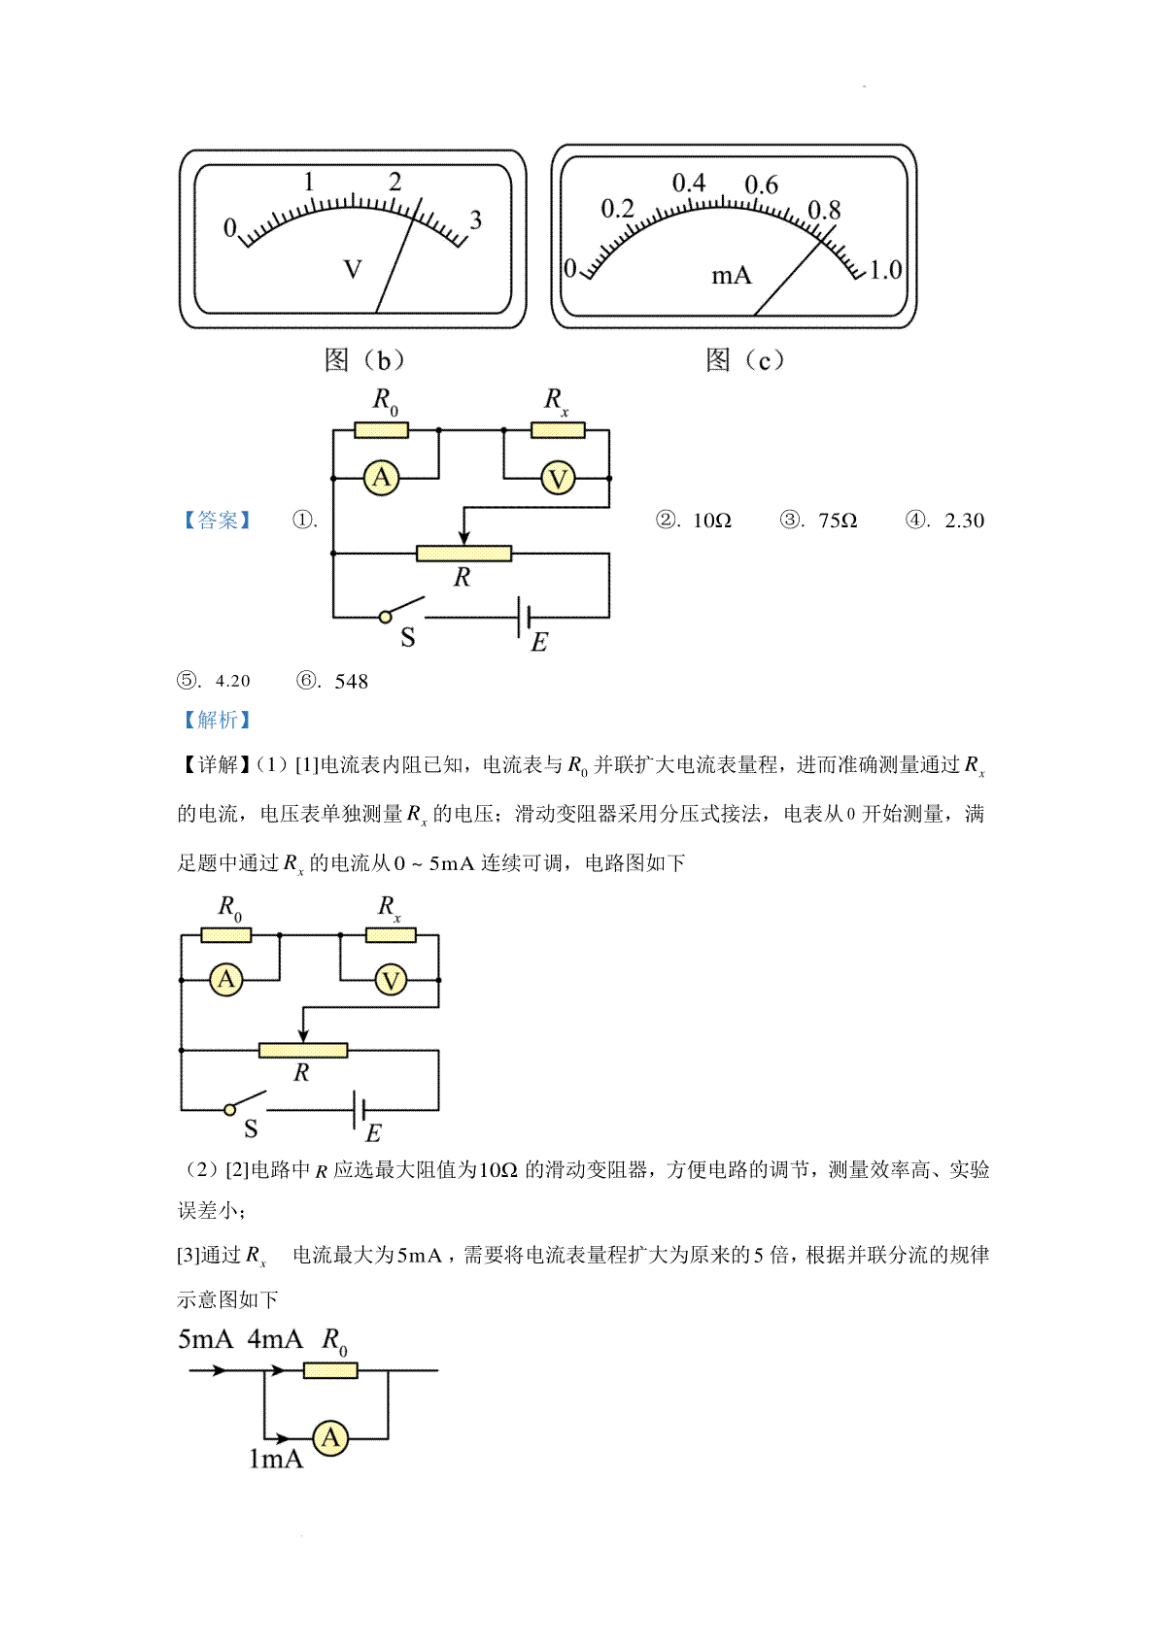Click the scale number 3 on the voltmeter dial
[x=476, y=219]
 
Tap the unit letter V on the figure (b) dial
[x=353, y=269]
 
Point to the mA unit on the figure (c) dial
[x=731, y=276]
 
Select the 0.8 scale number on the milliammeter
[x=824, y=210]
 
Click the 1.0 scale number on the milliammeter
[x=885, y=269]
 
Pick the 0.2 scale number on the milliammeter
[x=617, y=209]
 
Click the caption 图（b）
[x=364, y=360]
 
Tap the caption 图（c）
[x=745, y=360]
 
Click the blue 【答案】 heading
[x=217, y=521]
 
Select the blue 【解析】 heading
[x=217, y=720]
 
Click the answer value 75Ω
[x=838, y=521]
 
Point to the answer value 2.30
[x=964, y=521]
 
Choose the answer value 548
[x=352, y=681]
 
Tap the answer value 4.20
[x=233, y=681]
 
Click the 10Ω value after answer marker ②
[x=712, y=521]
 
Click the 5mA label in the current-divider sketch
[x=205, y=1339]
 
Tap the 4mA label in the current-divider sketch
[x=275, y=1339]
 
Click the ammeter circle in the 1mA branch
[x=330, y=1437]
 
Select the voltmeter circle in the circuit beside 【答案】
[x=558, y=479]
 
